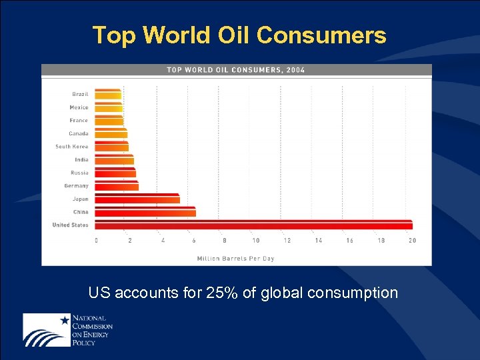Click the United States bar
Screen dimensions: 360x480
click(253, 225)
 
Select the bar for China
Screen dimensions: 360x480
click(145, 212)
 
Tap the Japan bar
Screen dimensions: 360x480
click(137, 199)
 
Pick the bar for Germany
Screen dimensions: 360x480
click(116, 186)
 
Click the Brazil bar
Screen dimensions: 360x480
click(107, 94)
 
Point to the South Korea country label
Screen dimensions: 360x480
click(71, 147)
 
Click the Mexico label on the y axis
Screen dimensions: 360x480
click(79, 107)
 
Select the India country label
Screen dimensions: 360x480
click(81, 160)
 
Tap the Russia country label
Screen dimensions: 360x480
click(79, 173)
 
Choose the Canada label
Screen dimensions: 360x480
click(78, 133)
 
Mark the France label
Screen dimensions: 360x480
click(79, 121)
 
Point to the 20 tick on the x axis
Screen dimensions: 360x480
click(412, 241)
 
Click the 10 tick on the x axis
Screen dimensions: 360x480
click(255, 241)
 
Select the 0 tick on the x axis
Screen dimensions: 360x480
click(97, 241)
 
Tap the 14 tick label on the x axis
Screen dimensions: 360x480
click(318, 241)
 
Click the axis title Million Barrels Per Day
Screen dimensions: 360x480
click(235, 258)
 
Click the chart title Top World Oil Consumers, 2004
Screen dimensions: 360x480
click(235, 70)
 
